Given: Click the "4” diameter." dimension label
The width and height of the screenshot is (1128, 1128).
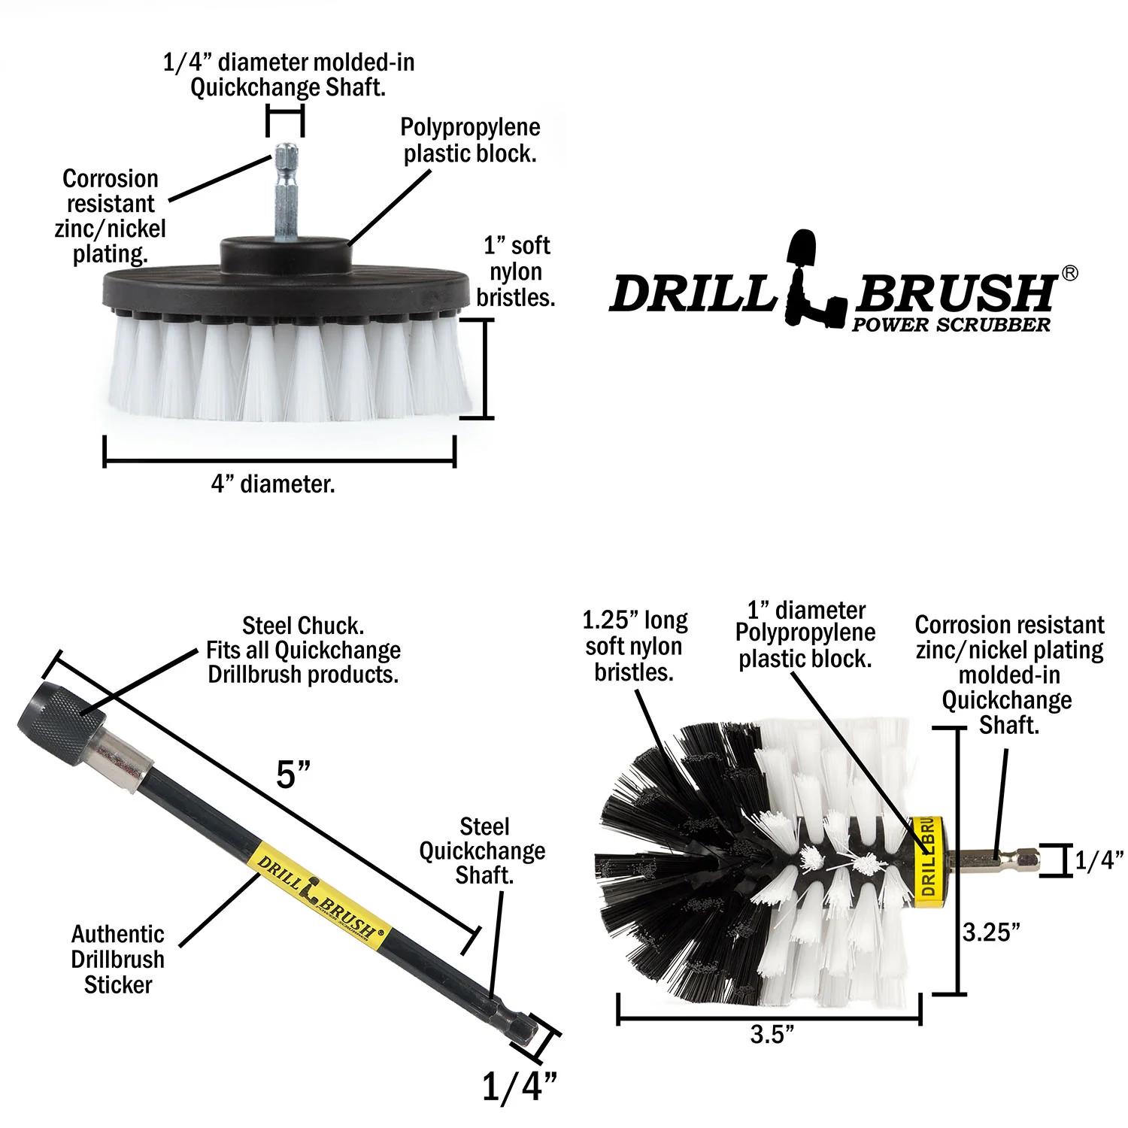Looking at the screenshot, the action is [273, 484].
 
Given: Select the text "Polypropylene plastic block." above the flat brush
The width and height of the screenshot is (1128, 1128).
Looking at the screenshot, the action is [470, 141].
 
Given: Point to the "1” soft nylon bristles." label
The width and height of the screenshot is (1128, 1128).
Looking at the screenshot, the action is [516, 271].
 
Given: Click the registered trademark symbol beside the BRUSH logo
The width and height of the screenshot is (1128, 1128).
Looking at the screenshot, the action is [1069, 274].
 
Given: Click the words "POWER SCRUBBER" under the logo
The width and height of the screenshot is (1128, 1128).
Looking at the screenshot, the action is [951, 325].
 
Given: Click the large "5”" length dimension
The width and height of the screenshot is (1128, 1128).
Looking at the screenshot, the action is [293, 775].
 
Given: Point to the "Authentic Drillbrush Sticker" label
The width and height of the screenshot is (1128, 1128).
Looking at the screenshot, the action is [118, 960].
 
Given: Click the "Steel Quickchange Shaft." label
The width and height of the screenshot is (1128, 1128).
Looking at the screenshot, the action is [483, 851].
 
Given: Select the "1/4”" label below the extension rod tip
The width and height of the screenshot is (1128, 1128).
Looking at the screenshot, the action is [519, 1087].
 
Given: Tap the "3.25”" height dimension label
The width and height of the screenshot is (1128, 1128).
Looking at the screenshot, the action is [992, 932].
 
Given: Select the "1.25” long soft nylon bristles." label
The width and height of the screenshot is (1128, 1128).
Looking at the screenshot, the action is [635, 646].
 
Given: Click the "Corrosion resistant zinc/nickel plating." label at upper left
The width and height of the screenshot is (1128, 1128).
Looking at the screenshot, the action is [111, 216].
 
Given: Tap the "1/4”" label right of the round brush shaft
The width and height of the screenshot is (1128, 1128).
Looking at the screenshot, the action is [1099, 860].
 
